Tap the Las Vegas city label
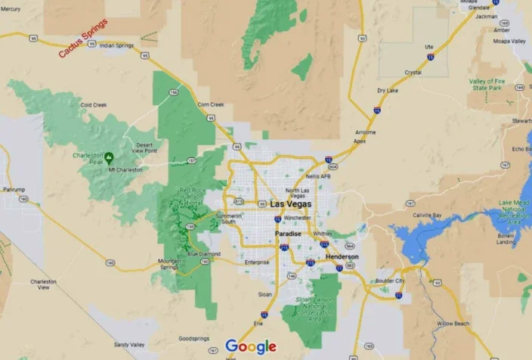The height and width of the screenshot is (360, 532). (x=291, y=205)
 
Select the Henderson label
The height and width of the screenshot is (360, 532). (x=342, y=257)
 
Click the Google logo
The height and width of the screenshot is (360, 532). (x=251, y=347)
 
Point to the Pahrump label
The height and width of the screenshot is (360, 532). (x=14, y=189)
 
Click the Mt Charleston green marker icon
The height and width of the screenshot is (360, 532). (x=110, y=158)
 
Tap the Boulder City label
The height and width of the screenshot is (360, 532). (x=390, y=281)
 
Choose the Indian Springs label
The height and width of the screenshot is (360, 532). (x=116, y=45)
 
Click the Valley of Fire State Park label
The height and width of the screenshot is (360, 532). (x=487, y=84)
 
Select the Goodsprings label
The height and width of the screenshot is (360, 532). (x=193, y=339)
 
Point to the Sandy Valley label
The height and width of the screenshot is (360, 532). (x=130, y=344)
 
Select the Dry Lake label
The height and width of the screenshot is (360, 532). (x=387, y=91)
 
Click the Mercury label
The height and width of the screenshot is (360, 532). (x=11, y=9)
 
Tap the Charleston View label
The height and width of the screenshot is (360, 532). (x=43, y=284)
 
